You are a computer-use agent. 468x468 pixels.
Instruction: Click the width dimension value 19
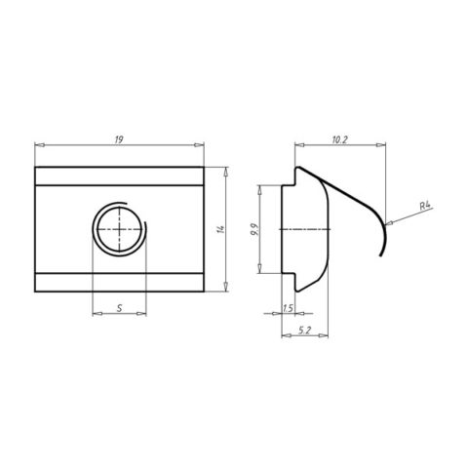(x=118, y=139)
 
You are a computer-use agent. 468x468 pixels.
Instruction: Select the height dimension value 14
(x=222, y=229)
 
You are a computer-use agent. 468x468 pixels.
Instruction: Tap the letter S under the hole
(x=118, y=307)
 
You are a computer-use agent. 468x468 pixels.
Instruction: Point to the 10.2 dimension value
(x=340, y=139)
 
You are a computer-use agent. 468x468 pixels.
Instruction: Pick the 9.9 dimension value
(x=255, y=230)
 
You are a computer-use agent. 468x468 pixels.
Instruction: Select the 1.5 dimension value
(x=287, y=308)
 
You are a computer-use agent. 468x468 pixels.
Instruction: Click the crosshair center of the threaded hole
(x=118, y=230)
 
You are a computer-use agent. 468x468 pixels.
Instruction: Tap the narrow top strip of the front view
(x=118, y=176)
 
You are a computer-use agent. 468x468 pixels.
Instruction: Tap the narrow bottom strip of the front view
(x=118, y=282)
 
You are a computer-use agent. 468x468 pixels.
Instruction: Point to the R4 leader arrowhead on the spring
(x=388, y=218)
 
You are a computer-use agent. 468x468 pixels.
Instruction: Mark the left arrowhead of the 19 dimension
(x=37, y=146)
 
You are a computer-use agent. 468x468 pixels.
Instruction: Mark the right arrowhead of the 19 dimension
(x=199, y=146)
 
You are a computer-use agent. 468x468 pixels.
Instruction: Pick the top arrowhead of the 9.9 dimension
(x=262, y=187)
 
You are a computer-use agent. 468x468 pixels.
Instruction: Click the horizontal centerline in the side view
(x=306, y=230)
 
